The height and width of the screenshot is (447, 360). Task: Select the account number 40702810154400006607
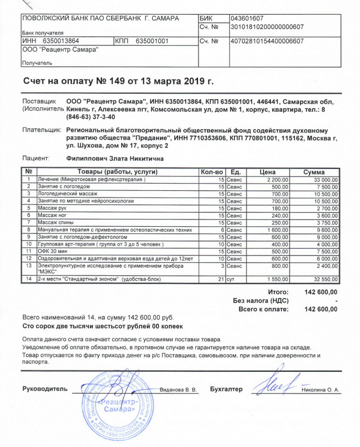(267, 41)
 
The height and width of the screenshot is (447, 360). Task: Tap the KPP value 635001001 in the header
(152, 41)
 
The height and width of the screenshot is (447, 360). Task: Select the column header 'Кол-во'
(210, 172)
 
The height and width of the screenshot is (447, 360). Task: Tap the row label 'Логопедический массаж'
(64, 194)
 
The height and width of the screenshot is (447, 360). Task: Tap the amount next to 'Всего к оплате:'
(321, 309)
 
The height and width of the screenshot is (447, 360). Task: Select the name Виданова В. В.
(179, 390)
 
